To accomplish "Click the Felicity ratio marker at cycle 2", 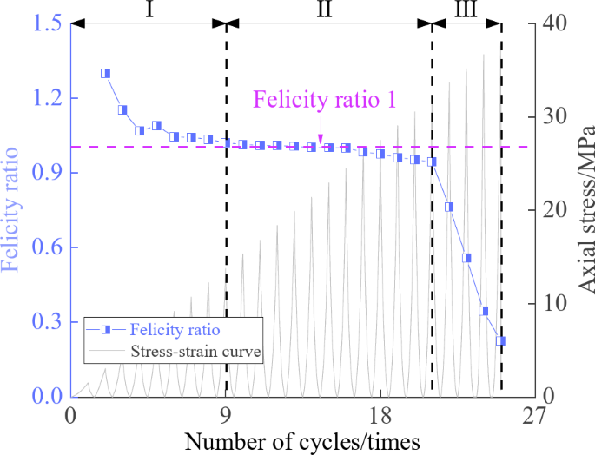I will pyautogui.click(x=105, y=74).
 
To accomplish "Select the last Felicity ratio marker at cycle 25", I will pyautogui.click(x=500, y=341).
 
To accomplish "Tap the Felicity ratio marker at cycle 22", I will pyautogui.click(x=449, y=207).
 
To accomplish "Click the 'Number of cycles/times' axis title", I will pyautogui.click(x=302, y=440).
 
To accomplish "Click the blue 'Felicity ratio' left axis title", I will pyautogui.click(x=14, y=210).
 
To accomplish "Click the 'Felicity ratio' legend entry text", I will pyautogui.click(x=175, y=330).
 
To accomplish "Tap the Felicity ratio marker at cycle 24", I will pyautogui.click(x=484, y=311).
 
